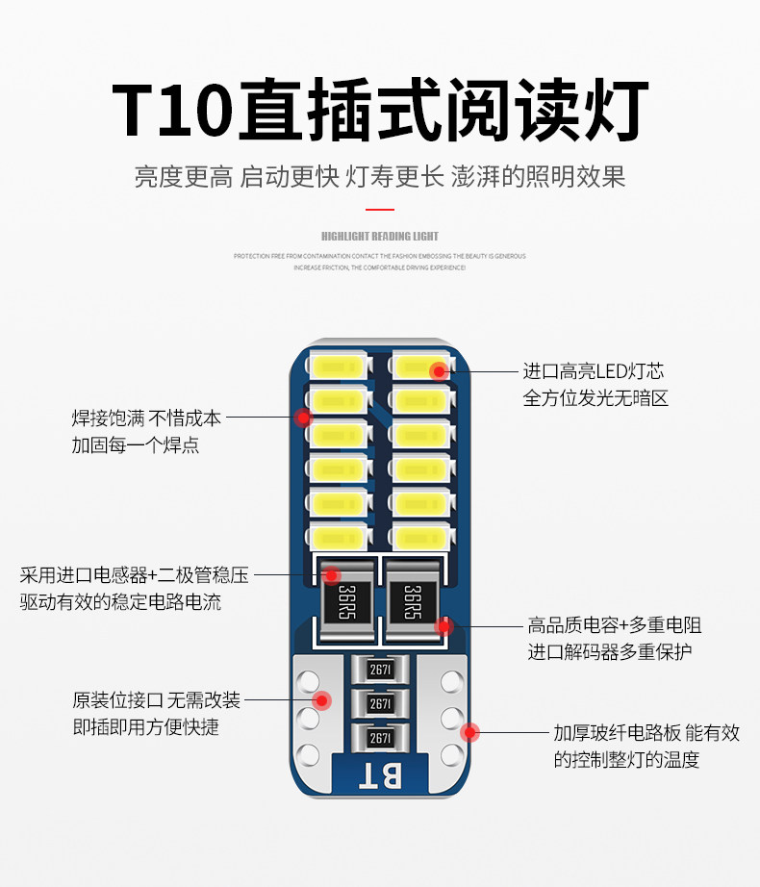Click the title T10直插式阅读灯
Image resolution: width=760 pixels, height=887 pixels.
click(x=380, y=111)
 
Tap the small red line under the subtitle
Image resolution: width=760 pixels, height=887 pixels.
click(x=380, y=208)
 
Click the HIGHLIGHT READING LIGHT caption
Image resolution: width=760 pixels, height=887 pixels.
click(x=380, y=236)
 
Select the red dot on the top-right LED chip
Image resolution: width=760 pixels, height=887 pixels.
click(x=439, y=369)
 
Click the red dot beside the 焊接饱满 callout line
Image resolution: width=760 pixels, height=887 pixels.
click(x=303, y=418)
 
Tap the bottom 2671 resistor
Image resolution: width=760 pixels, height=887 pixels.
click(x=380, y=738)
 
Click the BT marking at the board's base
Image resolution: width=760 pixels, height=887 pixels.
click(x=380, y=774)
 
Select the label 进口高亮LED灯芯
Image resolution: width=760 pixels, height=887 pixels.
click(x=593, y=371)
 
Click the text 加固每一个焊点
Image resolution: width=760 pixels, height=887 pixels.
click(x=135, y=445)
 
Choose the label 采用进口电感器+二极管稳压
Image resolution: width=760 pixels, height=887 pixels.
click(x=134, y=575)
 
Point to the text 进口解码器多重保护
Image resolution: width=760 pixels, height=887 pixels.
click(x=609, y=651)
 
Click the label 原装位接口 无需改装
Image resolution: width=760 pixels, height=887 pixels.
click(x=156, y=700)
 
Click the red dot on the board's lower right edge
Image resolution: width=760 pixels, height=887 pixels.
click(x=469, y=732)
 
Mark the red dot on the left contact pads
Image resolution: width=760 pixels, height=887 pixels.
click(x=322, y=700)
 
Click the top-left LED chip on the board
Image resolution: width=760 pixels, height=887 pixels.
click(x=337, y=368)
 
